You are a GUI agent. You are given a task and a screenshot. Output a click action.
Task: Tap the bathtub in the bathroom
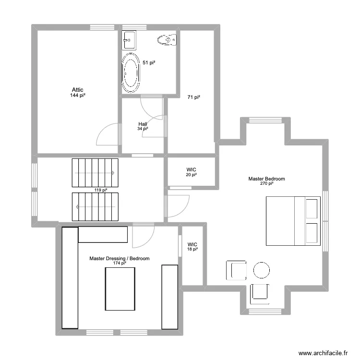tap(131, 72)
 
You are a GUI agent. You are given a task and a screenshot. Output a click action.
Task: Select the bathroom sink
tap(129, 40)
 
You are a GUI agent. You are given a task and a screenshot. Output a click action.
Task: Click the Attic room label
tap(78, 90)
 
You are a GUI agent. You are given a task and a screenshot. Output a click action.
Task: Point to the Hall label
tap(143, 124)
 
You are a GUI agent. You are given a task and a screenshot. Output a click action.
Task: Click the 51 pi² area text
tap(149, 62)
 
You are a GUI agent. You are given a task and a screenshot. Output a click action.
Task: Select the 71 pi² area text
tap(193, 97)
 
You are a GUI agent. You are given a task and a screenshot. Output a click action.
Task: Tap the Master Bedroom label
tap(266, 179)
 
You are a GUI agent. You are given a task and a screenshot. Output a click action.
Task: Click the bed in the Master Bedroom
tap(293, 220)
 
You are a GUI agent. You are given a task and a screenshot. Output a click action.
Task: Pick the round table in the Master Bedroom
tap(262, 270)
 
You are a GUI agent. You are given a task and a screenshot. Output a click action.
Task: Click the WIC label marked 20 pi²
tap(192, 170)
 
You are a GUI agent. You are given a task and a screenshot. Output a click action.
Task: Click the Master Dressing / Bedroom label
tap(119, 259)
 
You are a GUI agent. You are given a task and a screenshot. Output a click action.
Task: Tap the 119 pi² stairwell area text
tap(100, 190)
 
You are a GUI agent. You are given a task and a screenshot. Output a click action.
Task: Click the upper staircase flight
tap(95, 173)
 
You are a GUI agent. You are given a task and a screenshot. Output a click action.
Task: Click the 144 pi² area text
tap(78, 96)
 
